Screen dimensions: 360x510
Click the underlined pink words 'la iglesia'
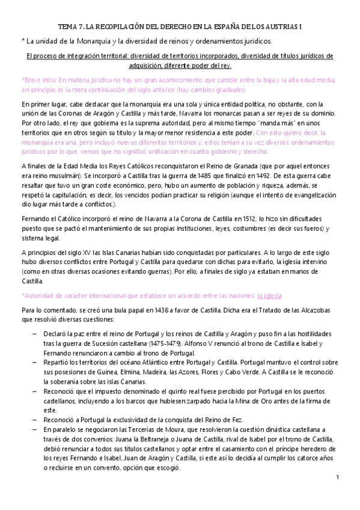[x=269, y=295]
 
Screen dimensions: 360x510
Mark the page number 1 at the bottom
[x=338, y=478]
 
